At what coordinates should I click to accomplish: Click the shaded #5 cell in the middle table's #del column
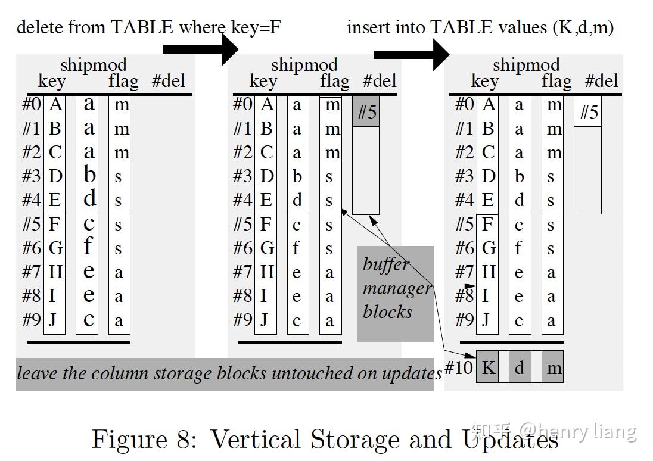[x=366, y=112]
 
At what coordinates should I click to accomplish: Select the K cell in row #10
[x=488, y=367]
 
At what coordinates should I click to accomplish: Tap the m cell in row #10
[x=554, y=367]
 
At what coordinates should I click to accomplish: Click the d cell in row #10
[x=520, y=367]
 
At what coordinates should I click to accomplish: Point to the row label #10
[x=459, y=367]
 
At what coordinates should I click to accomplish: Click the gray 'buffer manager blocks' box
[x=396, y=294]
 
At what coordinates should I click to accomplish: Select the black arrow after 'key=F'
[x=200, y=49]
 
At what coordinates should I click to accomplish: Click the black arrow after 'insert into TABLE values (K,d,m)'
[x=411, y=55]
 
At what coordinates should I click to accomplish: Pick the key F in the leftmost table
[x=54, y=225]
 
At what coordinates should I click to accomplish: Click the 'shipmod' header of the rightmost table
[x=526, y=65]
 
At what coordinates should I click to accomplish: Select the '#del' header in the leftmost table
[x=169, y=81]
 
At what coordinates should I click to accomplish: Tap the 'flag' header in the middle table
[x=334, y=81]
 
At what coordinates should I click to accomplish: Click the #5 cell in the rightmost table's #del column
[x=588, y=113]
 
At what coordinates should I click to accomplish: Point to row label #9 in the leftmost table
[x=31, y=320]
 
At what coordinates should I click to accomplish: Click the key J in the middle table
[x=265, y=320]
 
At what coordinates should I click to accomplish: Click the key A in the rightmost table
[x=488, y=104]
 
